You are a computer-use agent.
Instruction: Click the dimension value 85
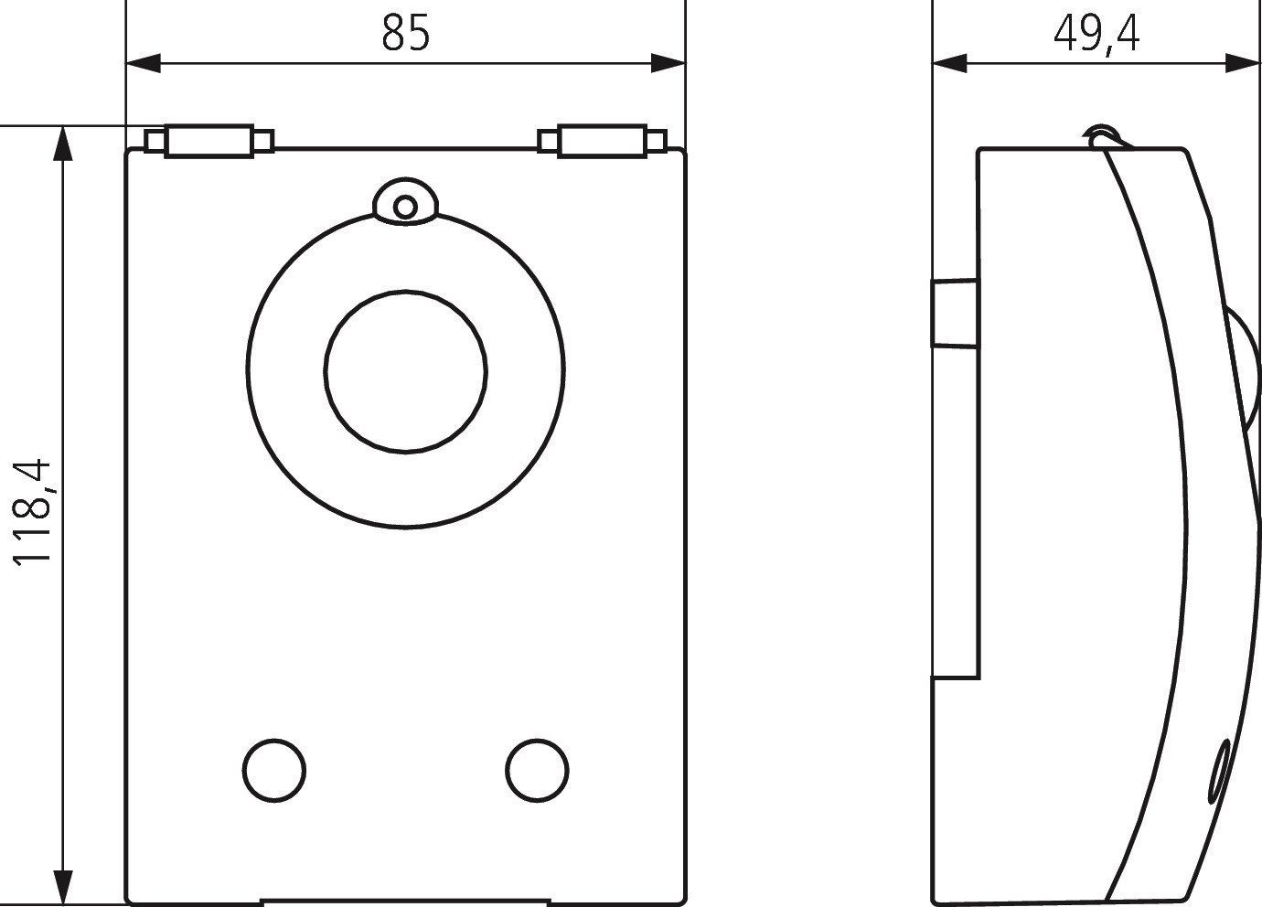406,33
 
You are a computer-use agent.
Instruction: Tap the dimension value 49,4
1096,35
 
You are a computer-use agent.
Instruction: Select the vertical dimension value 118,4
32,512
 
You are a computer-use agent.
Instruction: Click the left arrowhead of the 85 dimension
143,63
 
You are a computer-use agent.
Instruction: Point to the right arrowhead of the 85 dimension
668,63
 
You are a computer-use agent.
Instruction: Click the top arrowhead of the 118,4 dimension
63,144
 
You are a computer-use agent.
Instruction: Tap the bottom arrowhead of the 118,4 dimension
63,887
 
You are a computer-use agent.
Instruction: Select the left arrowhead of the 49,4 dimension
950,63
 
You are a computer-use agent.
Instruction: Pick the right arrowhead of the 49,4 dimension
1242,63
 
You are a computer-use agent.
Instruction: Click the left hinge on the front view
209,141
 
